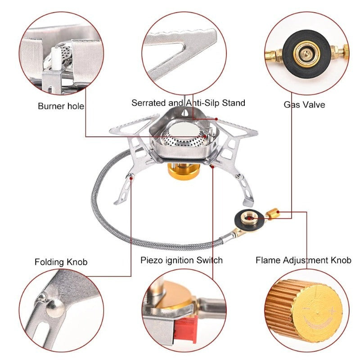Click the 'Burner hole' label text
[x=61, y=107]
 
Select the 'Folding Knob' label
[x=61, y=262]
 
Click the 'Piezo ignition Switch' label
[x=181, y=260]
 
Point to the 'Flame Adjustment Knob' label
[x=303, y=260]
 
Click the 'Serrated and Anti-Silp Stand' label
[x=188, y=103]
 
